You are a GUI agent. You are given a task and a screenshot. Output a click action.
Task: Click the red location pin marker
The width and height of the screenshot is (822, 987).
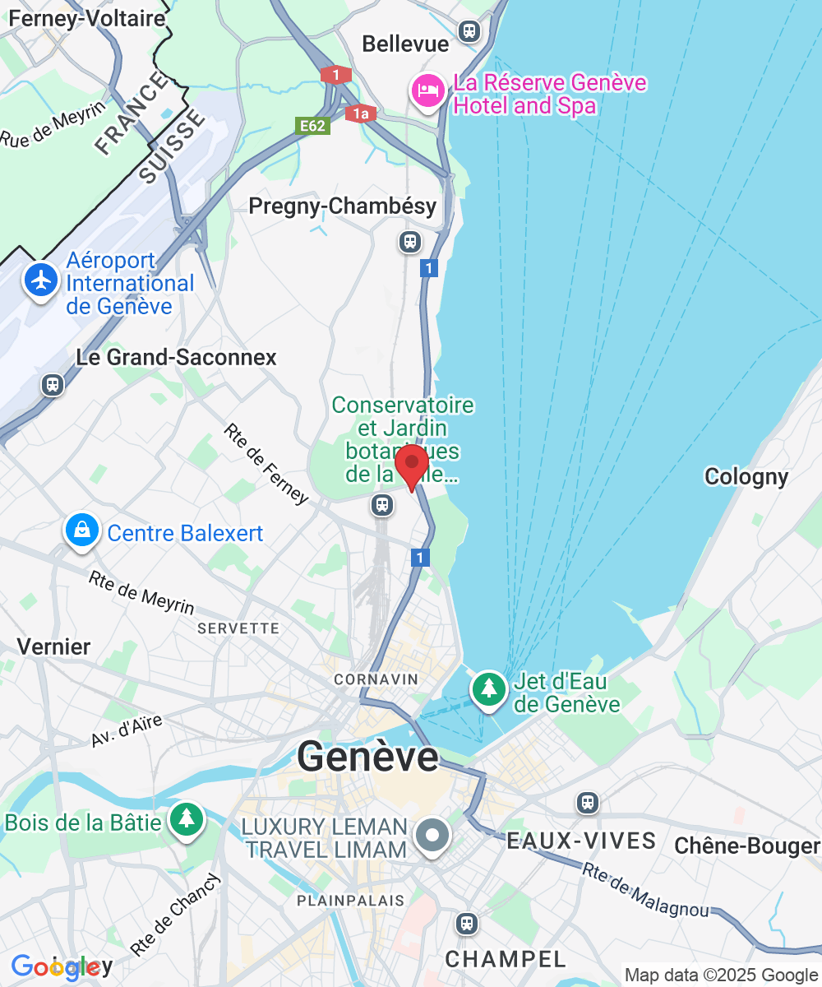coord(412,466)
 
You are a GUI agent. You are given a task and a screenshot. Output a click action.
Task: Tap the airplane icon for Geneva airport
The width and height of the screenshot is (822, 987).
coord(40,280)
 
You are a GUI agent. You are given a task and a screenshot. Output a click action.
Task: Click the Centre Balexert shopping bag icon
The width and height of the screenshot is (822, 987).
coord(82,531)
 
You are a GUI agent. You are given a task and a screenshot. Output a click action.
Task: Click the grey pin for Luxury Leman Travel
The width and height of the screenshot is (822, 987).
coord(432,836)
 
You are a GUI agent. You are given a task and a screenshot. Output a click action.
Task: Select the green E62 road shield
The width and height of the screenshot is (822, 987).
coord(313,125)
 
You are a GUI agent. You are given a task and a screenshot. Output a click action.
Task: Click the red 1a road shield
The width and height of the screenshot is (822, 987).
coord(361,114)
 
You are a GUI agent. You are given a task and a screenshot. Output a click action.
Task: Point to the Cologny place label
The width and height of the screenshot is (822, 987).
coord(746,477)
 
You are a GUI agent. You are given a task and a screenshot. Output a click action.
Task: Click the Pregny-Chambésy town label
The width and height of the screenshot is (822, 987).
coord(343,206)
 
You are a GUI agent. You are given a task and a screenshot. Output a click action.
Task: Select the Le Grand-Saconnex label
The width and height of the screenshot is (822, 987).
coord(177,357)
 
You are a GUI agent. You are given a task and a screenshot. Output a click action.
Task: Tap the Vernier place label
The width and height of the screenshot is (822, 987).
coord(53,646)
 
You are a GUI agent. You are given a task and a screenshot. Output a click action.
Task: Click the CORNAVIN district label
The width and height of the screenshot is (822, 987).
coord(376,680)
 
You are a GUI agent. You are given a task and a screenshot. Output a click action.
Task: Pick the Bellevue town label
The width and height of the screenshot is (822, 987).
coord(406,44)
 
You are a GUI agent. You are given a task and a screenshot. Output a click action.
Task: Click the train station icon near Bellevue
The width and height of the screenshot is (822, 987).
coord(469,31)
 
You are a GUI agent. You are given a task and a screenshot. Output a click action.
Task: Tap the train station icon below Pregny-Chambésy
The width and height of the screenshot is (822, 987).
coord(409,242)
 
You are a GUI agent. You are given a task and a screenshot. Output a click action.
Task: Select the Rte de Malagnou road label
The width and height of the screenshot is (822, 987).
coord(645,889)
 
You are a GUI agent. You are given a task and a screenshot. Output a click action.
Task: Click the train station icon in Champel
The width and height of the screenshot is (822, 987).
coord(467,924)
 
